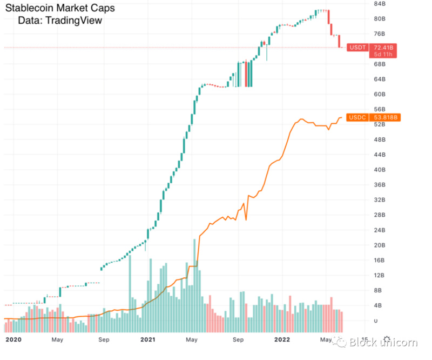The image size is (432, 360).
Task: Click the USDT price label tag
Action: pos(357,48)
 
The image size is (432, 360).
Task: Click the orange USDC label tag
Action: pos(357,117)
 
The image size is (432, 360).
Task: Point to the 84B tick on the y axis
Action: pos(380,4)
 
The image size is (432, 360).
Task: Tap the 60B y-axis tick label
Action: pos(380,95)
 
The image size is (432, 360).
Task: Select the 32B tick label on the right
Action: pos(380,200)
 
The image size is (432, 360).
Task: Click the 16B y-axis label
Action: pos(380,261)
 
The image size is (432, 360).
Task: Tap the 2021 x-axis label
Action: pos(148,340)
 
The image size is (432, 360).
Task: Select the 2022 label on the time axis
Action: pos(282,340)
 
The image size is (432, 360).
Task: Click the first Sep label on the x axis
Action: pos(104,340)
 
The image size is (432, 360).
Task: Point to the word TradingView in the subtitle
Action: pos(74,21)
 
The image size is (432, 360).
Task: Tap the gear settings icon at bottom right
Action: pos(387,340)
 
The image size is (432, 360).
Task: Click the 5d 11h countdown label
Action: pos(382,55)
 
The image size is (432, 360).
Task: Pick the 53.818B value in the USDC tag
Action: pos(385,117)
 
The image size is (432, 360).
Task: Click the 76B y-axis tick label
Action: pos(380,34)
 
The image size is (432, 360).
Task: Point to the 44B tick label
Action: pos(380,155)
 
